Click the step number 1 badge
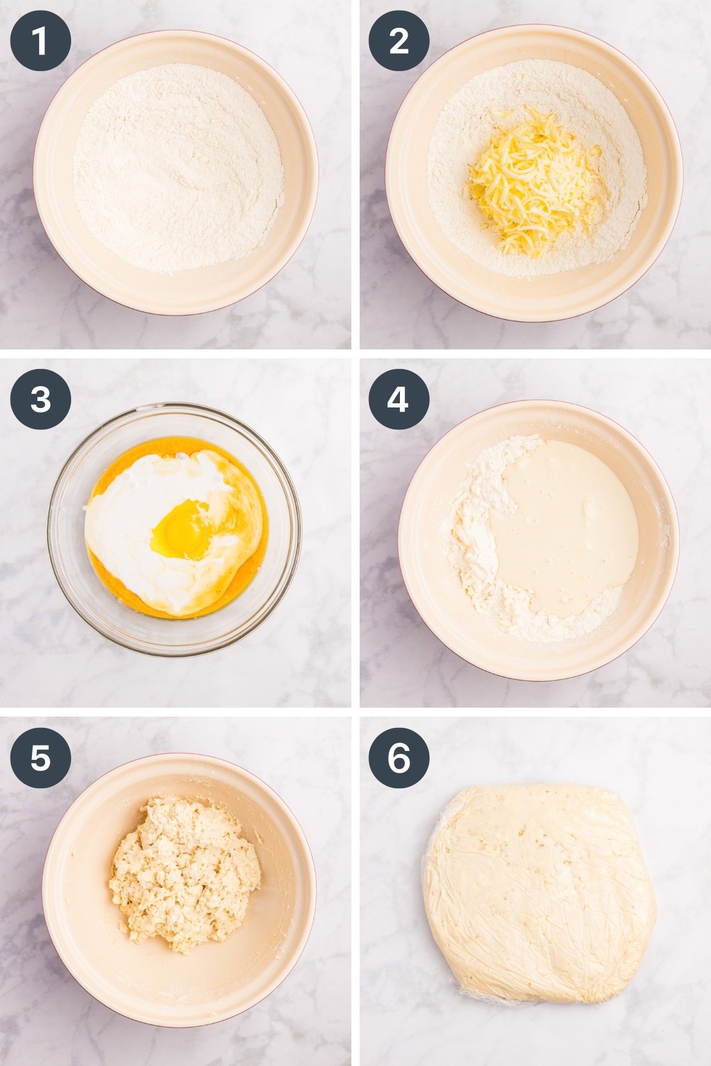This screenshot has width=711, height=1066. click(40, 41)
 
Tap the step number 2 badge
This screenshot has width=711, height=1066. click(399, 41)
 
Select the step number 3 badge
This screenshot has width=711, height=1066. click(40, 399)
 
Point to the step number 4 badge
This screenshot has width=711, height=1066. click(399, 399)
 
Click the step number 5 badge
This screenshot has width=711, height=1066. click(40, 757)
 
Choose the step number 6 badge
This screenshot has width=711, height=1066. click(399, 757)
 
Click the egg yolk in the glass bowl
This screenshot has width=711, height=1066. click(181, 529)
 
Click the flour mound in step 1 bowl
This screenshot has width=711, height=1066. click(178, 169)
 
